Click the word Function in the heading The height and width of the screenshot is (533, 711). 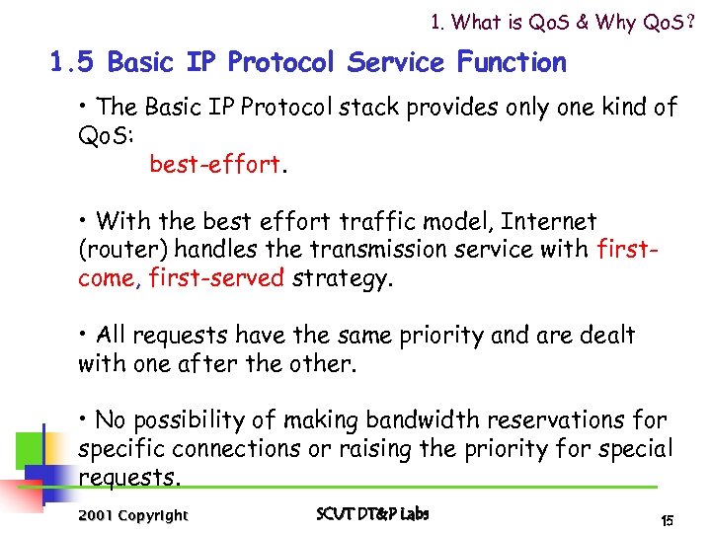pos(512,63)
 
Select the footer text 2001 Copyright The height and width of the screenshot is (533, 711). pos(132,515)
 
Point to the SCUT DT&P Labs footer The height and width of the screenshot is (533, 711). pos(372,513)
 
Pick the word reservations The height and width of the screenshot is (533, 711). pos(550,420)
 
